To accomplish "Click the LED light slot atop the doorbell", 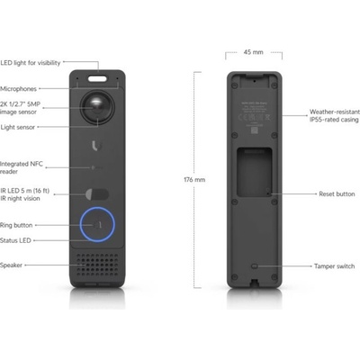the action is click(97, 78).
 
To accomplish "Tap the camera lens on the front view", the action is click(97, 107).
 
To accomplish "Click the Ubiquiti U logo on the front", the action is click(96, 146).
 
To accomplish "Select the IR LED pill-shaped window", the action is click(97, 194).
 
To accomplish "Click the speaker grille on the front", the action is click(97, 265).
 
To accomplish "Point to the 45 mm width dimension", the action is click(254, 52).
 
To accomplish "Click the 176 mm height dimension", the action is click(194, 180).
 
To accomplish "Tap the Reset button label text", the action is click(337, 194).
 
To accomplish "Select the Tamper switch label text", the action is click(334, 266).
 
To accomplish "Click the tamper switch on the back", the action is click(255, 266).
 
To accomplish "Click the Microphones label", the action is click(18, 89).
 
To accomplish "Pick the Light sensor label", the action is click(17, 127).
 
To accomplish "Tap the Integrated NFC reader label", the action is click(22, 167).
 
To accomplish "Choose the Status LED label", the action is click(15, 240).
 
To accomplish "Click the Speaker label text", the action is click(11, 265).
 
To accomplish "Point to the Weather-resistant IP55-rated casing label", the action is click(335, 116).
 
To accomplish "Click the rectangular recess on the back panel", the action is click(255, 172).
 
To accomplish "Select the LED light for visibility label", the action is click(31, 63).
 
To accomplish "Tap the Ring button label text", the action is click(16, 225).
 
